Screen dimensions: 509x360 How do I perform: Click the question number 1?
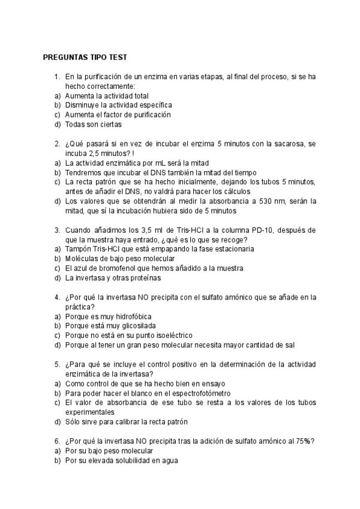(56, 77)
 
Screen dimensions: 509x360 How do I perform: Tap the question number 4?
(56, 297)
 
